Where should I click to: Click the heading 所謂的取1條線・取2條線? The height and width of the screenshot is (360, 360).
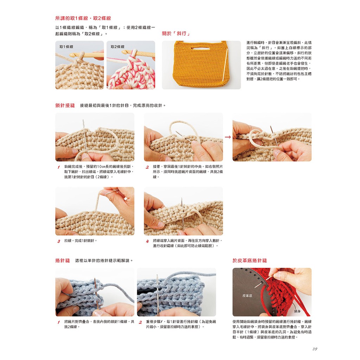(83, 18)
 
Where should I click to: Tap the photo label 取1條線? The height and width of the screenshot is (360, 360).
(66, 47)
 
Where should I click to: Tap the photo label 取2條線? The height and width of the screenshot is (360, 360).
(117, 47)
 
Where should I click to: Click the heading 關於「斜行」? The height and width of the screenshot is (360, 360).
(176, 33)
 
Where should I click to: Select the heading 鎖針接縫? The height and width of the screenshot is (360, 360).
(65, 105)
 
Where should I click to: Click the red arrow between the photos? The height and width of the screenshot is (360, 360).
(228, 137)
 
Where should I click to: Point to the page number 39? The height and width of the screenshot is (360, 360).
(315, 349)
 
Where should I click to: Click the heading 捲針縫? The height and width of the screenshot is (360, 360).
(63, 261)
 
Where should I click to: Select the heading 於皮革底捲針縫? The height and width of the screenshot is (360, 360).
(250, 261)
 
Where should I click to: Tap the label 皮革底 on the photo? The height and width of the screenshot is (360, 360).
(247, 296)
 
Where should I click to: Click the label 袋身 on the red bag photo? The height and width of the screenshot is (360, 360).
(297, 311)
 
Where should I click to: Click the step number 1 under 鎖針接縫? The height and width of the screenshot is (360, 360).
(59, 167)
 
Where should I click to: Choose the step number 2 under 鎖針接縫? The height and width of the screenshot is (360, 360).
(147, 167)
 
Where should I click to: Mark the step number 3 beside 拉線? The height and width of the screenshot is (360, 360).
(59, 241)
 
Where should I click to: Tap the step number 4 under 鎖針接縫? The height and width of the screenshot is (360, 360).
(147, 241)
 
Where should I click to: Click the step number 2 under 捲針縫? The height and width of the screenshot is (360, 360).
(140, 322)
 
